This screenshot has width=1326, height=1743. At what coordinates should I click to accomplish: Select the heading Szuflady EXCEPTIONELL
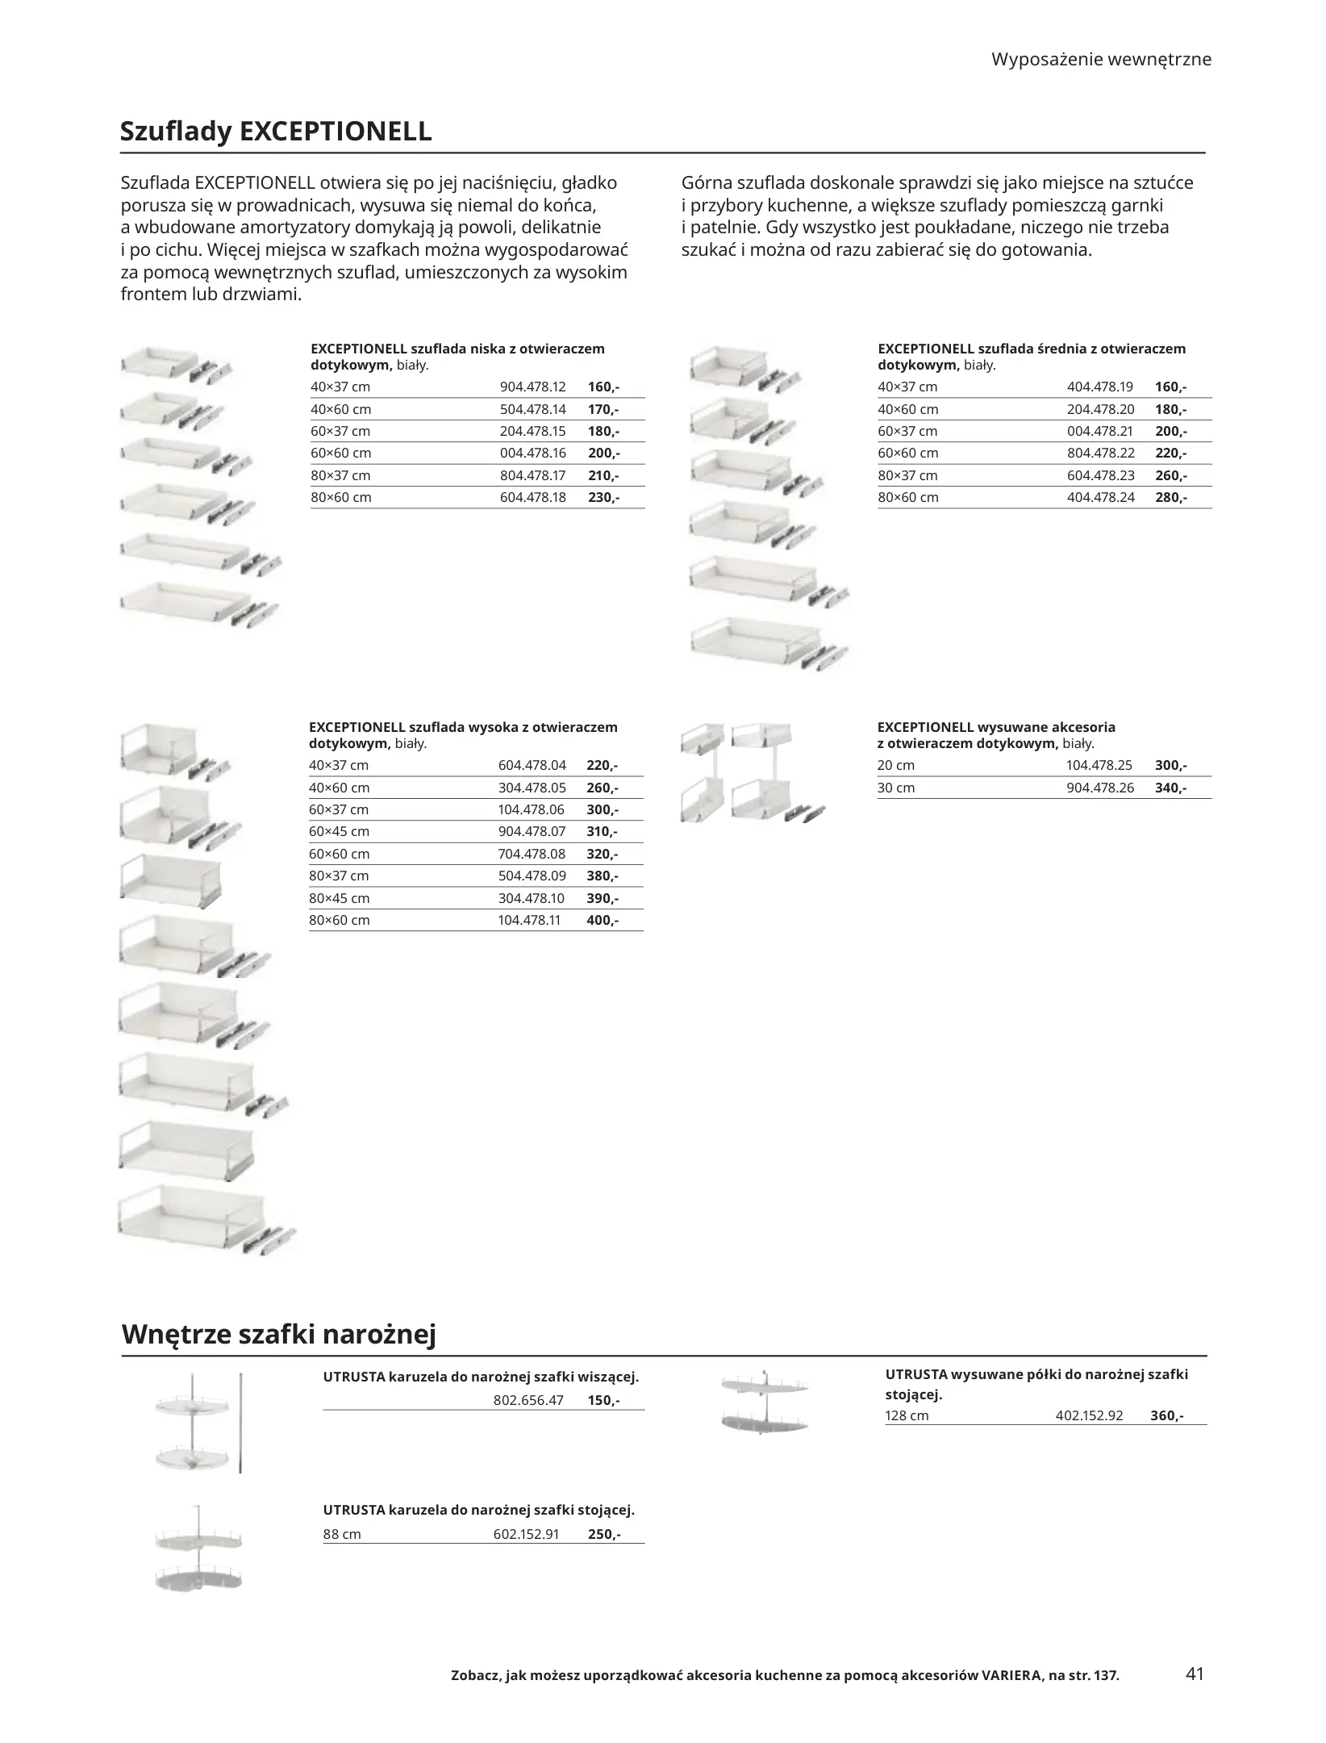point(276,131)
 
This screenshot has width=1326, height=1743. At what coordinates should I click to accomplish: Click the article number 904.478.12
point(532,387)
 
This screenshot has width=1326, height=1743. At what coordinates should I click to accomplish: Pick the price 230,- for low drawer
point(603,497)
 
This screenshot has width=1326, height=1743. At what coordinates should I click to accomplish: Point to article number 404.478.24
point(1100,497)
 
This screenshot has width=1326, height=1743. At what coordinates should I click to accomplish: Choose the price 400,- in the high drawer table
point(602,920)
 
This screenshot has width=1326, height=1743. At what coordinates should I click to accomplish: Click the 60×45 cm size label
point(339,831)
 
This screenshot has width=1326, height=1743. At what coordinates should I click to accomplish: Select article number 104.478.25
point(1099,765)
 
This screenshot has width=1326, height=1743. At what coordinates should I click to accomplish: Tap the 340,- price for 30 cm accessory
point(1170,788)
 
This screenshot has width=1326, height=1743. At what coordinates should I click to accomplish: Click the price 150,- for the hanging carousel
point(603,1400)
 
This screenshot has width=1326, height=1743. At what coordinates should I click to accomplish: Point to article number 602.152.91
point(526,1534)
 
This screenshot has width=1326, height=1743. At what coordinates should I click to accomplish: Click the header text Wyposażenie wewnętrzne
point(1101,59)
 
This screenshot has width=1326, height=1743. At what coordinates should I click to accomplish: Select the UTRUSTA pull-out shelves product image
point(764,1405)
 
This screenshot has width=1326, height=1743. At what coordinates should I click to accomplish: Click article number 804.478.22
point(1100,453)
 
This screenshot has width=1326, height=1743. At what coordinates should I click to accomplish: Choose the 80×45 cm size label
point(339,898)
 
